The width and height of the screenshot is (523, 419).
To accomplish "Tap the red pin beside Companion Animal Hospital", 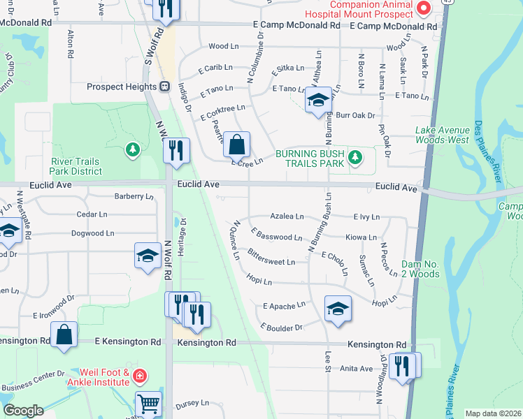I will pos(423,8).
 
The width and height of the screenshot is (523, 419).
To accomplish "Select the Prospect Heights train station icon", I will pos(164,87).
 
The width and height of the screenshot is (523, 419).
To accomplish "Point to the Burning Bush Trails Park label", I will pos(310,159).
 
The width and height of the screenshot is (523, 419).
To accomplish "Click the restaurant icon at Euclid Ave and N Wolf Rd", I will pos(176,150).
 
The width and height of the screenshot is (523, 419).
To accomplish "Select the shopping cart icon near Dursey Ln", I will pos(148,404).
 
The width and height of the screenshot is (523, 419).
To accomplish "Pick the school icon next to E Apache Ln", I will pos(338,308).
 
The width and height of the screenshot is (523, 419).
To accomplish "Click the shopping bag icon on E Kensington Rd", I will pos(64,334).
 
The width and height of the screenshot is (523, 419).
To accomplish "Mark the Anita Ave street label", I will pos(356,368).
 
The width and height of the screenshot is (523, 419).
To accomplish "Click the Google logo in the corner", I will pos(24,411).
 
